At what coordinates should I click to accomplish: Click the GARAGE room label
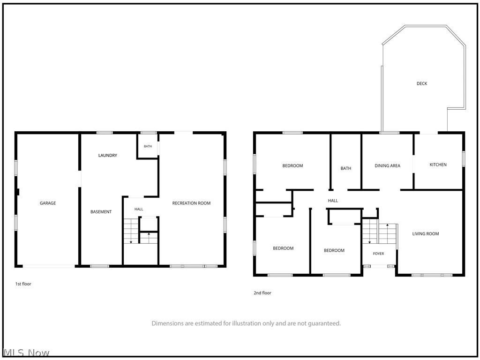pyautogui.click(x=48, y=203)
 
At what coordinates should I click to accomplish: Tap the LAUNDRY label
pyautogui.click(x=108, y=155)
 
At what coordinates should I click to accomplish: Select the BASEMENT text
pyautogui.click(x=101, y=211)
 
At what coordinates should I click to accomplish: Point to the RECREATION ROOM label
pyautogui.click(x=191, y=203)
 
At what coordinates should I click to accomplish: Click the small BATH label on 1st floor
pyautogui.click(x=148, y=146)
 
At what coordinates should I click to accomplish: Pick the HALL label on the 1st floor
pyautogui.click(x=139, y=209)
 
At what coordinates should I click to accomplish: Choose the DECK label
pyautogui.click(x=422, y=83)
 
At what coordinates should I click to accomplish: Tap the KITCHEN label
pyautogui.click(x=438, y=165)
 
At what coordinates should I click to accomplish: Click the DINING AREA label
pyautogui.click(x=387, y=165)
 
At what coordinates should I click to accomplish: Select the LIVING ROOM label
pyautogui.click(x=426, y=233)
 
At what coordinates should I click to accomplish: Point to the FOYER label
pyautogui.click(x=378, y=254)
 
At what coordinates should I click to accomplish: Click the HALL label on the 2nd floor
pyautogui.click(x=333, y=201)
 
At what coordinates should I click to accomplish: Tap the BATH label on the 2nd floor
pyautogui.click(x=346, y=168)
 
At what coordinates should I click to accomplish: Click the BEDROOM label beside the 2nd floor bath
pyautogui.click(x=292, y=165)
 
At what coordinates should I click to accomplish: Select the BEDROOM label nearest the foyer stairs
pyautogui.click(x=334, y=250)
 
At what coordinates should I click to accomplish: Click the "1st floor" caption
pyautogui.click(x=23, y=284)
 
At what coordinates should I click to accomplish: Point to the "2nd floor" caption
pyautogui.click(x=262, y=292)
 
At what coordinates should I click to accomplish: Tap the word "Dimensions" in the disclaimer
pyautogui.click(x=168, y=323)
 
